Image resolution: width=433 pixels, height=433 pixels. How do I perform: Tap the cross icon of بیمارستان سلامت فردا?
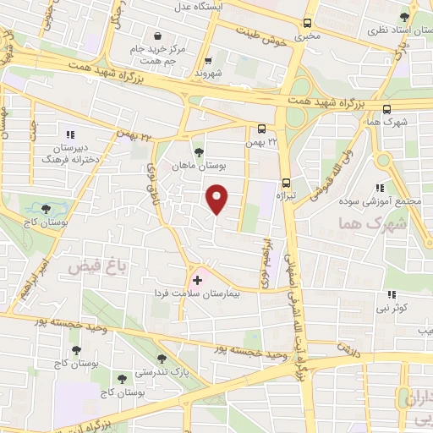pos(198,278)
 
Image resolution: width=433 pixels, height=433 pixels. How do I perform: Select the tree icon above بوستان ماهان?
pos(198,152)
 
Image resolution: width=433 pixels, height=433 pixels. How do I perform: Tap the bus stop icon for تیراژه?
pos(286,182)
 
